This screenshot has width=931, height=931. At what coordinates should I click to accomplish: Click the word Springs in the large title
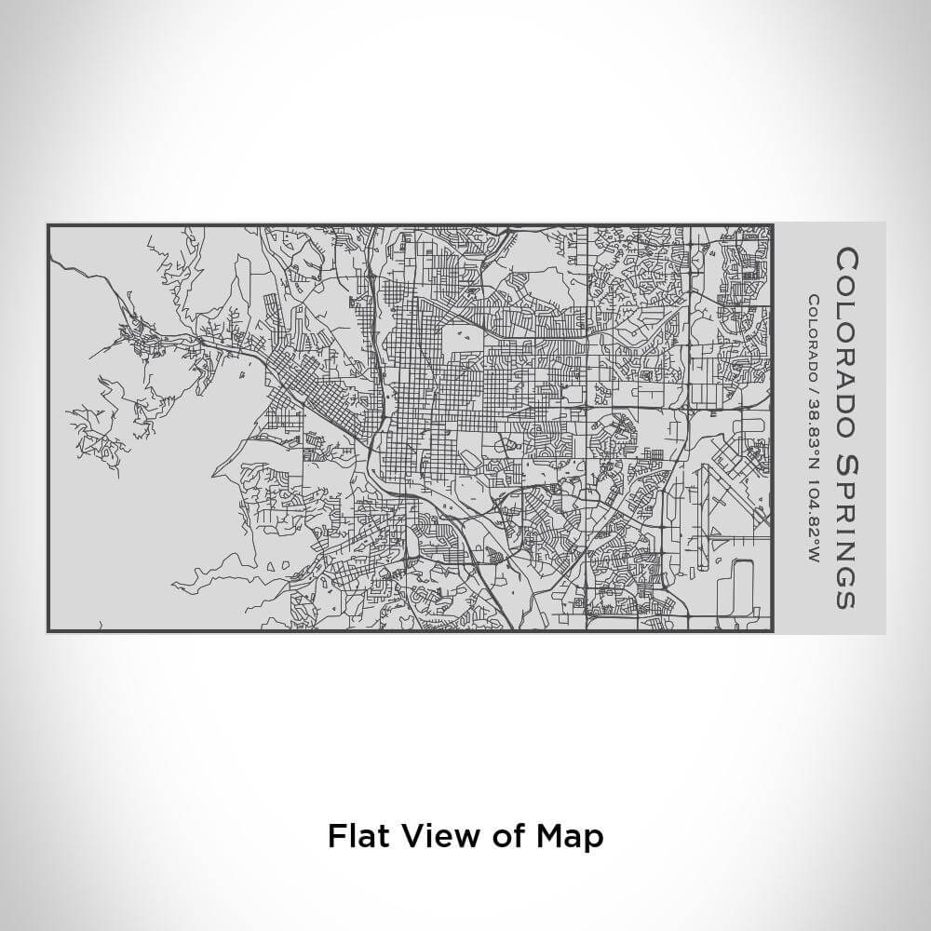[845, 531]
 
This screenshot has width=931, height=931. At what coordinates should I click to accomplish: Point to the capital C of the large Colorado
[845, 258]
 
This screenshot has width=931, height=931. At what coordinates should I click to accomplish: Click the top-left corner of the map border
[48, 225]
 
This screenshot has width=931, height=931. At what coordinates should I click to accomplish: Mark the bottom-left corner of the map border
[48, 630]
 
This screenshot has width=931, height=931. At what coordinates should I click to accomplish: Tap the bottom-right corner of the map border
[772, 630]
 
